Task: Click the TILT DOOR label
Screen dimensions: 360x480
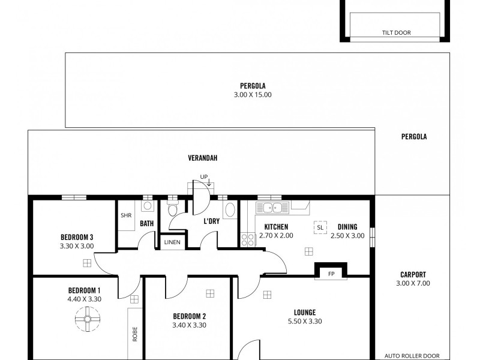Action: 396,33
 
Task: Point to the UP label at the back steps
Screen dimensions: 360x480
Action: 204,177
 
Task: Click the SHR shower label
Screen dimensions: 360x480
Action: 126,216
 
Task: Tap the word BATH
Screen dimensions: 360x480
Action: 147,224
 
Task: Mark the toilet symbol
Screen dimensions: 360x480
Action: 173,209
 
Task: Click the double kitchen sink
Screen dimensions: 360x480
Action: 273,208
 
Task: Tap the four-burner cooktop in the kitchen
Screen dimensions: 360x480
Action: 247,239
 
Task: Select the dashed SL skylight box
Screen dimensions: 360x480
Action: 320,227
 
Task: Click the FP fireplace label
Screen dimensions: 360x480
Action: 330,274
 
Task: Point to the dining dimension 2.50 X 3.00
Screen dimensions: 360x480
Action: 347,236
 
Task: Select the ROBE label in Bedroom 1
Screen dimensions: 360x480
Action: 134,334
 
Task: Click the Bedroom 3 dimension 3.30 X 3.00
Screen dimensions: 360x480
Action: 77,245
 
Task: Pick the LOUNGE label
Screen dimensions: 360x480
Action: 305,312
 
